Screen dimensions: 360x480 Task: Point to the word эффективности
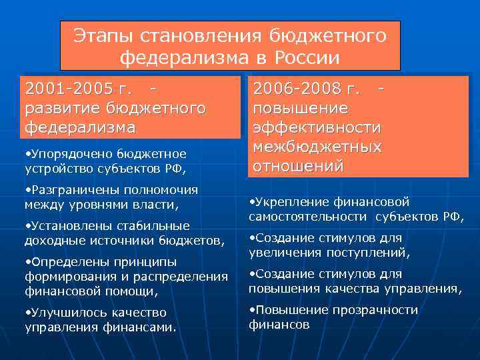pyautogui.click(x=317, y=127)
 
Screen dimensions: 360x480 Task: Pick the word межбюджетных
pyautogui.click(x=317, y=145)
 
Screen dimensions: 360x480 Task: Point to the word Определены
pyautogui.click(x=63, y=261)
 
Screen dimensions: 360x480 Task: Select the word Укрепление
pyautogui.click(x=287, y=202)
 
